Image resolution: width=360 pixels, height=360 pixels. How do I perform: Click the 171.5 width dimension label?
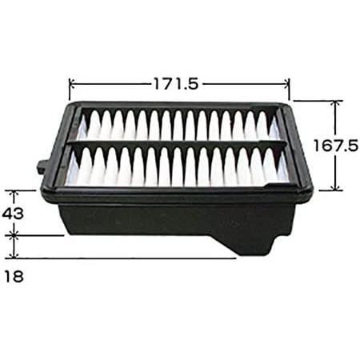pyautogui.click(x=176, y=83)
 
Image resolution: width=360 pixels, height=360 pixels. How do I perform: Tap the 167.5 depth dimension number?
pyautogui.click(x=336, y=146)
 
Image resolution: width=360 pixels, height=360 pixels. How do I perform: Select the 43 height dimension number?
pyautogui.click(x=13, y=214)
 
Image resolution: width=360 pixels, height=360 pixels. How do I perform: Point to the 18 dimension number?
pyautogui.click(x=14, y=276)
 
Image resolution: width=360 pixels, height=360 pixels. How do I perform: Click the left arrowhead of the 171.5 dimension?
pyautogui.click(x=71, y=84)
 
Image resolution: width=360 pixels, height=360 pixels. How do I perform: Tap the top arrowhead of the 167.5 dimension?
pyautogui.click(x=336, y=103)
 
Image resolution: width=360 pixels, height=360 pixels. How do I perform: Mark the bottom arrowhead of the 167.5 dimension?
pyautogui.click(x=336, y=188)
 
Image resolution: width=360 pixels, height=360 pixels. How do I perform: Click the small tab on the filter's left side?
pyautogui.click(x=42, y=167)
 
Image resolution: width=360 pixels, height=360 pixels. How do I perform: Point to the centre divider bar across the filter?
pyautogui.click(x=178, y=144)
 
